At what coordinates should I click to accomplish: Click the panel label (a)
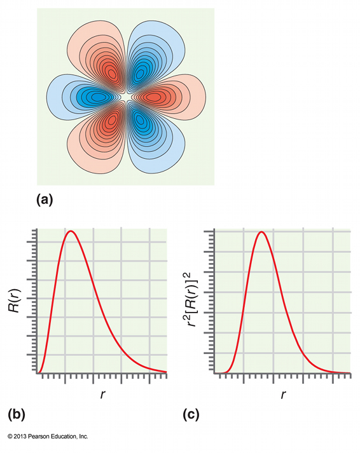point(45,199)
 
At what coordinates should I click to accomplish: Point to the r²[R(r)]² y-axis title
point(193,301)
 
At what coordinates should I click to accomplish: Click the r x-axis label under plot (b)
point(103,395)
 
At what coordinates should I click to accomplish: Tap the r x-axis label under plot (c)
point(283,395)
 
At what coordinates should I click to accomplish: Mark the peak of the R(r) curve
point(71,231)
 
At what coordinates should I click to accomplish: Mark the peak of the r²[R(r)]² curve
point(261,232)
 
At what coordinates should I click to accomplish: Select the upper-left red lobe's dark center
point(113,74)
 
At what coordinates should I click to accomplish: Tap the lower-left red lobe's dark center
point(113,119)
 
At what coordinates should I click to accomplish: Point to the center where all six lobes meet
point(127,97)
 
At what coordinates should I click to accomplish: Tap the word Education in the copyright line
point(65,436)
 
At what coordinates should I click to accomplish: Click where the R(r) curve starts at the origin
point(38,373)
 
